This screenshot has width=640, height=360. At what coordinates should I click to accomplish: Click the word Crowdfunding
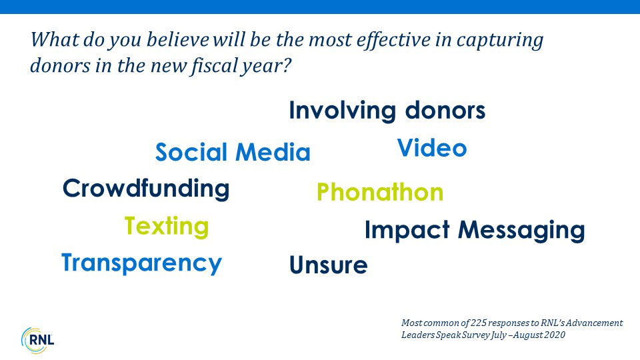(x=146, y=189)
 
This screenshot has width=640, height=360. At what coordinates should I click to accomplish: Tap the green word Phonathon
(x=380, y=192)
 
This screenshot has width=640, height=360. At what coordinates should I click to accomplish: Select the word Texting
(x=167, y=227)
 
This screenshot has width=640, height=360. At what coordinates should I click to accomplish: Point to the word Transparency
(x=141, y=263)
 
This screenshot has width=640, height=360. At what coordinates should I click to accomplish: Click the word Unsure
(x=329, y=265)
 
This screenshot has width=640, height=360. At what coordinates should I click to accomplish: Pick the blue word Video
(x=432, y=148)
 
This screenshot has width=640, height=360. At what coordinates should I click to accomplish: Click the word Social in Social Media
(x=191, y=152)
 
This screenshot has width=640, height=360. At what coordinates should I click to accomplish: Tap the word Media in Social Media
(x=273, y=152)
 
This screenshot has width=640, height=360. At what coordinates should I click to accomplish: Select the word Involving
(x=343, y=111)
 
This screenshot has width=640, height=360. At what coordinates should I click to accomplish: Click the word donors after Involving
(x=445, y=111)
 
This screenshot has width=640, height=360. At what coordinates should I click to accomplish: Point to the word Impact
(x=407, y=230)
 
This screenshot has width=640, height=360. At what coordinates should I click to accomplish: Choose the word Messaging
(x=521, y=231)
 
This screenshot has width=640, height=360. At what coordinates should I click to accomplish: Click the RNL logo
(x=37, y=341)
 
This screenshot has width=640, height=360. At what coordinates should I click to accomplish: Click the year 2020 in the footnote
(x=557, y=335)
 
